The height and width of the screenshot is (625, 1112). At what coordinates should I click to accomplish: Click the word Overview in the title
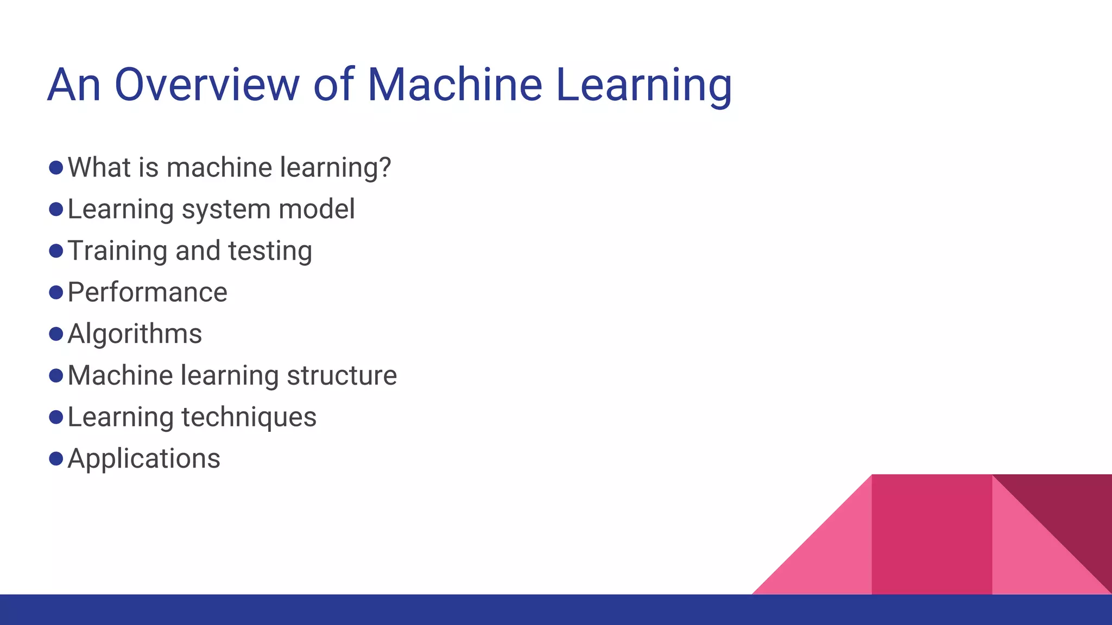pos(206,85)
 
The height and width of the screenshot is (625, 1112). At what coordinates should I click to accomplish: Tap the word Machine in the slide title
pos(454,85)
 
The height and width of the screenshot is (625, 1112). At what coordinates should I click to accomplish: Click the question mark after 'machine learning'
pos(385,167)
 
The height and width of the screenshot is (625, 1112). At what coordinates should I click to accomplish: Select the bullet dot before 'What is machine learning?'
pos(56,167)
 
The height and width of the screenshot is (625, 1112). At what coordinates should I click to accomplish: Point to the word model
pos(323,209)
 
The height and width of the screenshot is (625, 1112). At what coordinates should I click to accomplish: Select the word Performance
pos(147,292)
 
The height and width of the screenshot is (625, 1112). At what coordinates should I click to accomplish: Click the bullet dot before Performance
pos(56,292)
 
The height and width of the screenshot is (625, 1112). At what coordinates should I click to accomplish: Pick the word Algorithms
pos(135,334)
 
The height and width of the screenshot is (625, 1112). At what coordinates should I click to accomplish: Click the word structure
pos(342,375)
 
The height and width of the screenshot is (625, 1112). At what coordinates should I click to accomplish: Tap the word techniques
pos(249,418)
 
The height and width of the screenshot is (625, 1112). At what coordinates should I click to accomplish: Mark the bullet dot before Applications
pos(56,459)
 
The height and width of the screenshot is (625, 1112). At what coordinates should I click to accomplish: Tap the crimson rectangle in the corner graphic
pos(931,534)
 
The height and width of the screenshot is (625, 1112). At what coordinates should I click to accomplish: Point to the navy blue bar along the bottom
pos(380,610)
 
